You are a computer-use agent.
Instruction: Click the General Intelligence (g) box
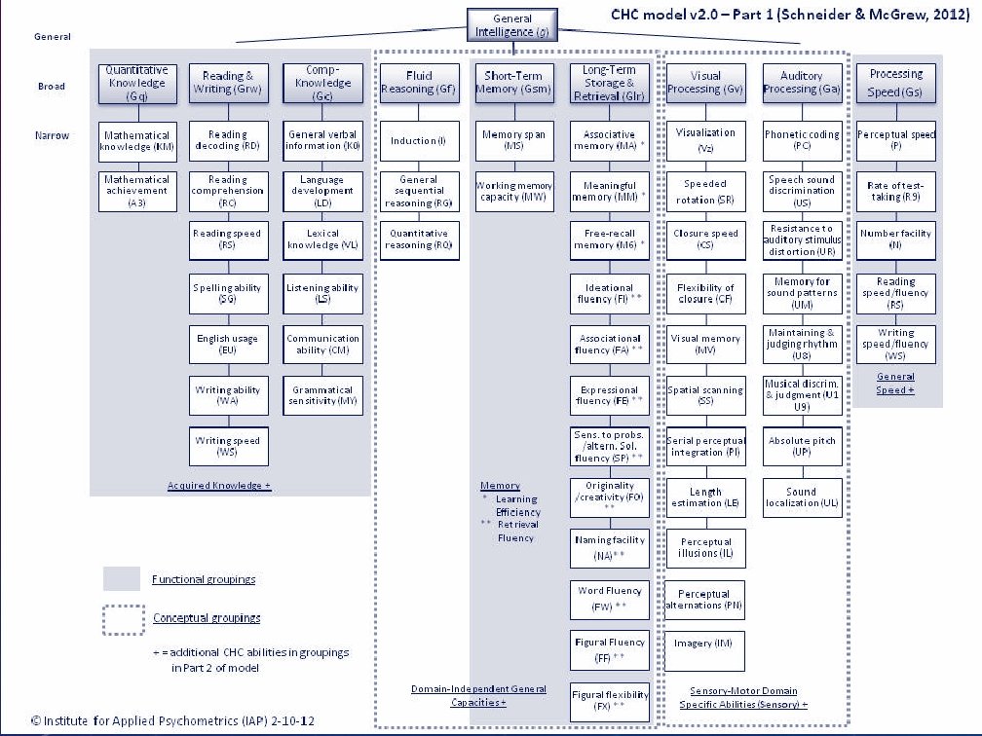[513, 25]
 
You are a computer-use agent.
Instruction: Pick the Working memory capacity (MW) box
[514, 192]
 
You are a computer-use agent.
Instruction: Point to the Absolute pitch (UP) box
[802, 447]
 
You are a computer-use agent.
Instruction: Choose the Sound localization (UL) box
[802, 497]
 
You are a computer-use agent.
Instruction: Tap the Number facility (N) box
[895, 239]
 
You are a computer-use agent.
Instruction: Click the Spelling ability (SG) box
[227, 293]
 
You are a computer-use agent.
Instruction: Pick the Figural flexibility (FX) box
[610, 701]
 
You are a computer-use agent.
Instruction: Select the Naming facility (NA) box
[610, 547]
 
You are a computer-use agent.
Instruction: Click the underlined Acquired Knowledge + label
[219, 485]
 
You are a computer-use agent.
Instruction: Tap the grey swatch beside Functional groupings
[123, 579]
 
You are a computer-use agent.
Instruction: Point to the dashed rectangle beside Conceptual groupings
[123, 619]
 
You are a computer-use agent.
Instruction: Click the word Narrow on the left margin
[52, 135]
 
